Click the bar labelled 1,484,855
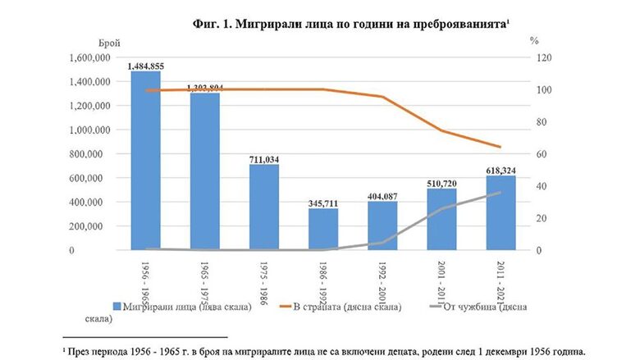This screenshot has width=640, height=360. click(x=145, y=161)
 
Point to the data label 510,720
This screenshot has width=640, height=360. click(x=441, y=183)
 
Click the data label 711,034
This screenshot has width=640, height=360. click(x=264, y=159)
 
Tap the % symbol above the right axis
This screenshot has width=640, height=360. click(x=533, y=40)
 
